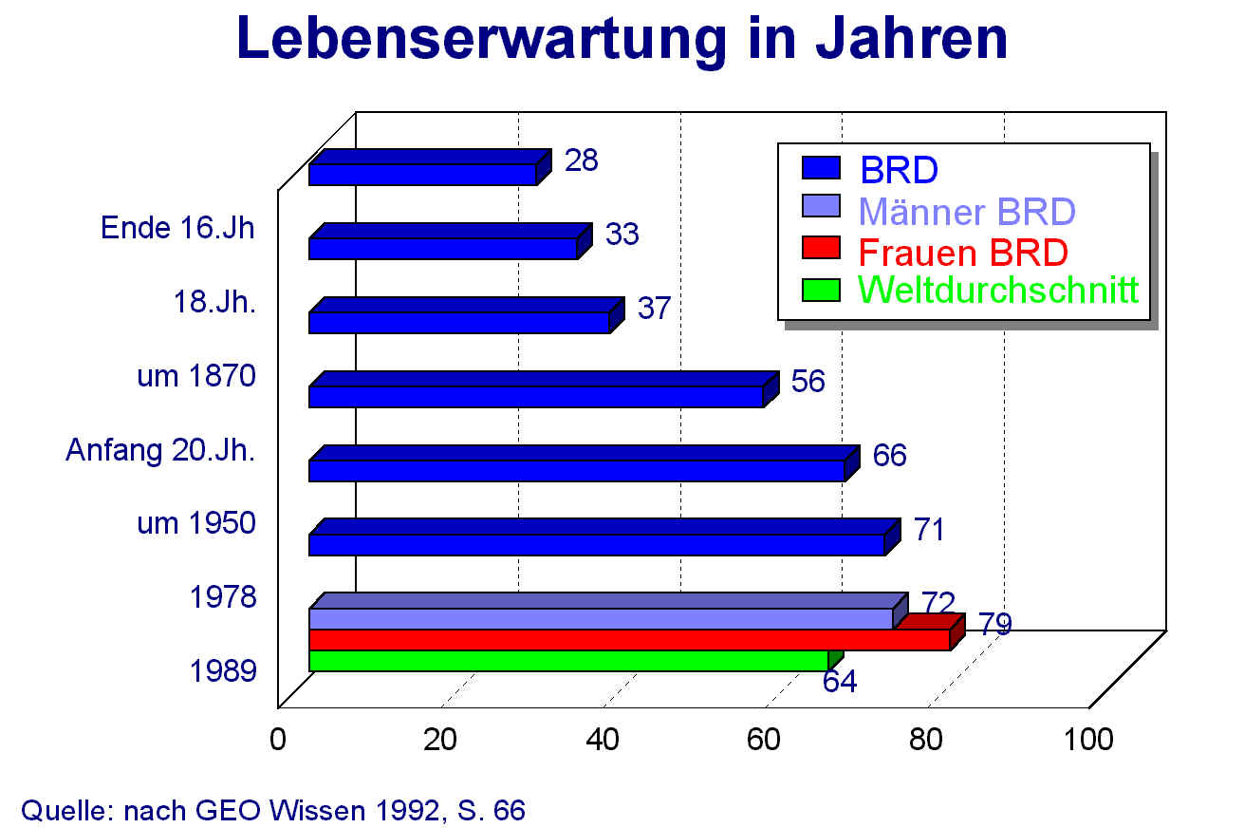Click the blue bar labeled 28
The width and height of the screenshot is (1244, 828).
[422, 174]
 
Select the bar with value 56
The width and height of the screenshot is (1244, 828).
[536, 396]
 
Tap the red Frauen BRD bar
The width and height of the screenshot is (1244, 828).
[628, 639]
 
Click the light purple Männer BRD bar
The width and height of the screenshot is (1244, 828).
[600, 618]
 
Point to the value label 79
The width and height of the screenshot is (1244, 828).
[995, 624]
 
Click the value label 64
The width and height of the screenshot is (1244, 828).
[840, 682]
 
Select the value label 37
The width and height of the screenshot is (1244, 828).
[654, 308]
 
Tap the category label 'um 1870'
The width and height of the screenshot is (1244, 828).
[196, 376]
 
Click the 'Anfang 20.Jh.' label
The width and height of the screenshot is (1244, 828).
[160, 449]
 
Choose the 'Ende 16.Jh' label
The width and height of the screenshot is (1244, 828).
[178, 228]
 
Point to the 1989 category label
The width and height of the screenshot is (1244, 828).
[222, 671]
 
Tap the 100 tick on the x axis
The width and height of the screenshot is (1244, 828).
[1088, 739]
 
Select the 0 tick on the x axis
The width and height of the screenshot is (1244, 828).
[278, 739]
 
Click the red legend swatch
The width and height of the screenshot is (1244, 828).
[821, 249]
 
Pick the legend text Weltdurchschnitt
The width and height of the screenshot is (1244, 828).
[997, 290]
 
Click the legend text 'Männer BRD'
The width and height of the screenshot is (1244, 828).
[966, 211]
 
